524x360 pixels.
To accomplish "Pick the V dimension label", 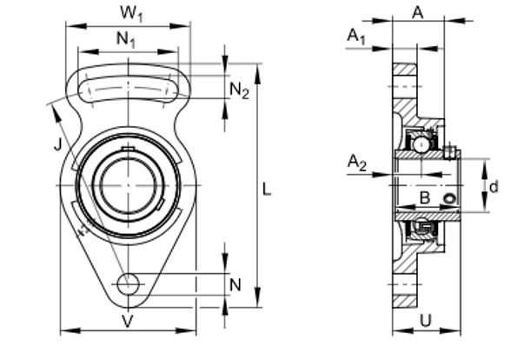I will (x=128, y=320).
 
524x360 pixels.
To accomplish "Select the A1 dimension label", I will (x=355, y=36).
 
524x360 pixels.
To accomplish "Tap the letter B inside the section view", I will (x=425, y=199).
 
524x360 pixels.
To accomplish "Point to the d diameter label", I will (x=494, y=185).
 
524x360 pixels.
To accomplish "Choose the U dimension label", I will (x=426, y=320).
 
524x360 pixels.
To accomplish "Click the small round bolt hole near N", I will (x=129, y=283).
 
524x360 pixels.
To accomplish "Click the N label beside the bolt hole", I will (x=235, y=284).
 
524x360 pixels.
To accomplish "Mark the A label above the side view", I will (x=417, y=12).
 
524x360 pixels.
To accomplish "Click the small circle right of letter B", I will (x=448, y=201).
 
